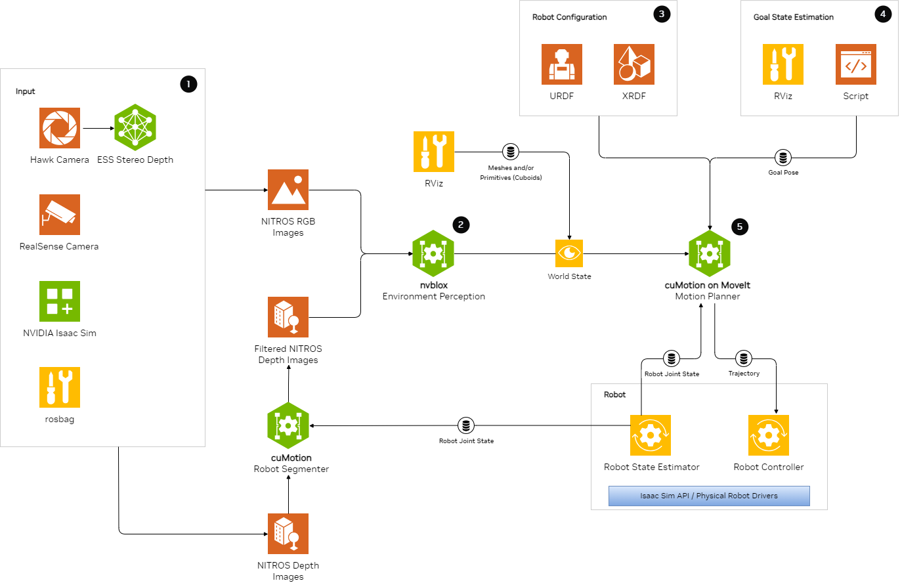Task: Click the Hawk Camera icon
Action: click(60, 128)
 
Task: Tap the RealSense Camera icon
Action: click(60, 215)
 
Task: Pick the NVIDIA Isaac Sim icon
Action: click(60, 301)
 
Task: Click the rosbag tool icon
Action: click(60, 387)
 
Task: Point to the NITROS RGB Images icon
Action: click(288, 190)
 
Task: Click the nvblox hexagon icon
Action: click(433, 253)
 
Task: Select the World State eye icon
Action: click(569, 253)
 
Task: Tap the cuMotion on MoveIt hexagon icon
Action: click(710, 253)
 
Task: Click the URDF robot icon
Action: click(562, 64)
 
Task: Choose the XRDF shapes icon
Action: click(634, 64)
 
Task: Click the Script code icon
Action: click(856, 64)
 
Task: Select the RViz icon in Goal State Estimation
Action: click(783, 64)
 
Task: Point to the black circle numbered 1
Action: click(188, 83)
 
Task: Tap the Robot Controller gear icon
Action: click(769, 435)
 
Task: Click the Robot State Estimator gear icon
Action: click(651, 435)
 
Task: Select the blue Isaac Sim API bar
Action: click(709, 496)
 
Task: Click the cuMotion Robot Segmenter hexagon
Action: click(288, 425)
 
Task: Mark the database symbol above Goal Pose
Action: click(782, 158)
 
